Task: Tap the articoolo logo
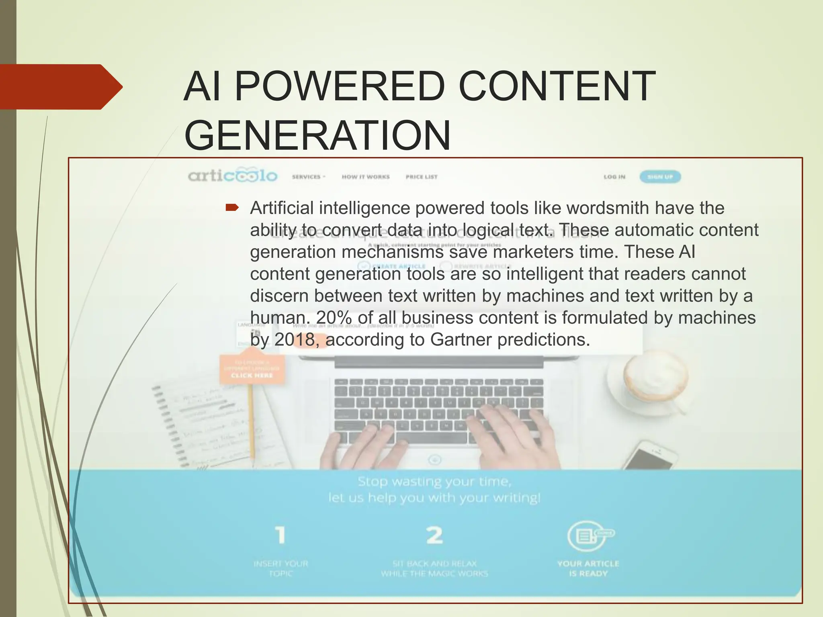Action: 232,176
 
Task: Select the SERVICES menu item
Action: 308,177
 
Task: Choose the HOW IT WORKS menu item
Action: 366,177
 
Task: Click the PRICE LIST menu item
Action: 422,177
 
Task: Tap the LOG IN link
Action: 614,177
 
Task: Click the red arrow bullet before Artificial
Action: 232,208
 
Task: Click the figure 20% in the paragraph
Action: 334,318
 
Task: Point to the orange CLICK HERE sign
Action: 252,368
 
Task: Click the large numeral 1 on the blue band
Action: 280,535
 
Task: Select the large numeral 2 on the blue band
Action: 434,535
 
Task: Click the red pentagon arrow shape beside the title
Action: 60,87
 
